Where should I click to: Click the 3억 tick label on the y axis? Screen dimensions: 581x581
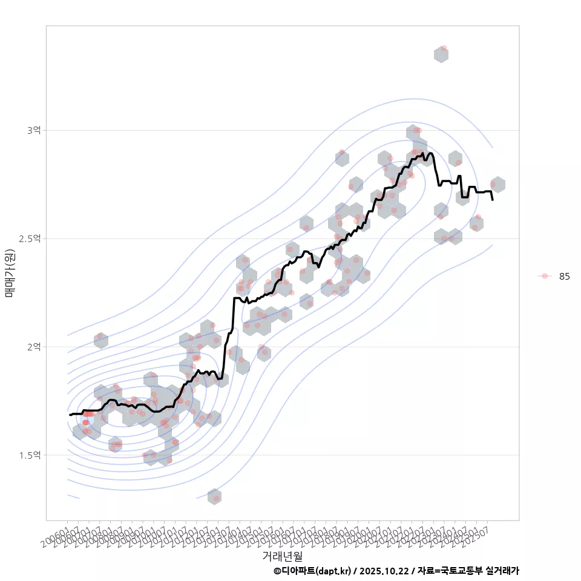point(34,130)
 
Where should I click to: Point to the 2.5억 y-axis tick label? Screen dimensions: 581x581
point(30,238)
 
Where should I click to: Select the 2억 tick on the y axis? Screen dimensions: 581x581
point(34,347)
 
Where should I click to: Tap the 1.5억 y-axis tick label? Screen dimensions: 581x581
point(30,455)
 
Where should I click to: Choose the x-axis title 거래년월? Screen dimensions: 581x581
point(282,556)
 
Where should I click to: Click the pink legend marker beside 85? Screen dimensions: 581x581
point(545,276)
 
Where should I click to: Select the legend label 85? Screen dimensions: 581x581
point(564,276)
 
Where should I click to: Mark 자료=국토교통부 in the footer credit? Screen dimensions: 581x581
point(450,571)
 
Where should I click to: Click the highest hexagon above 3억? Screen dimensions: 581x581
point(441,54)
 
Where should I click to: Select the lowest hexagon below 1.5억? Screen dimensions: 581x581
point(214,497)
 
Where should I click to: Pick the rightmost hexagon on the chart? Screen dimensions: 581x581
point(497,185)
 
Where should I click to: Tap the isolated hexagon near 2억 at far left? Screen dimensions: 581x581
point(101,340)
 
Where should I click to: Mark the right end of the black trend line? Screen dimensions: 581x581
point(493,200)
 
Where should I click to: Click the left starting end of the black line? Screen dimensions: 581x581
point(70,415)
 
